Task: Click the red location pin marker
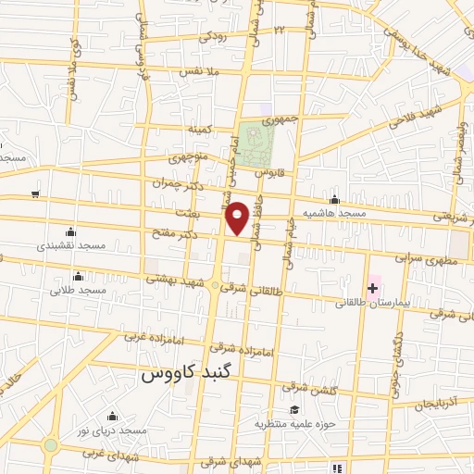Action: pyautogui.click(x=238, y=218)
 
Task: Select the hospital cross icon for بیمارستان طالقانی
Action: pyautogui.click(x=372, y=289)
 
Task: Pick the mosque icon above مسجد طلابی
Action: pyautogui.click(x=77, y=275)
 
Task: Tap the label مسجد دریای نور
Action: pyautogui.click(x=113, y=431)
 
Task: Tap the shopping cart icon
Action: pyautogui.click(x=35, y=193)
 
